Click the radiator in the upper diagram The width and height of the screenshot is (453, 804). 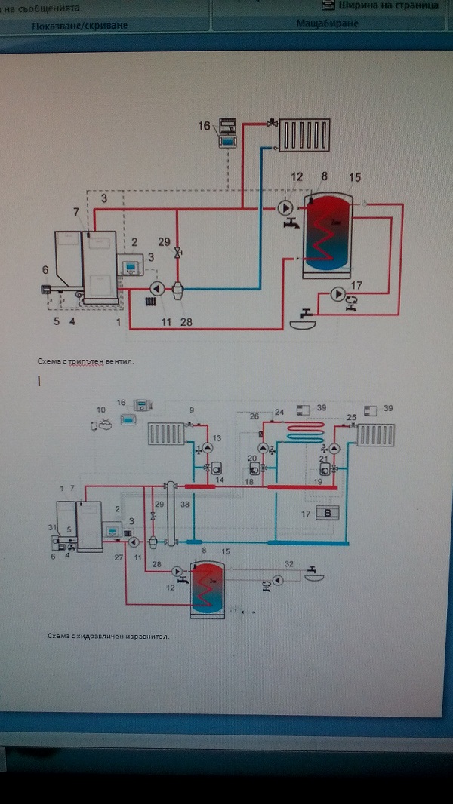point(305,134)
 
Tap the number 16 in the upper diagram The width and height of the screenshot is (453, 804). point(205,126)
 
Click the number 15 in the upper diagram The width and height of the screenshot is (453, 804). point(355,177)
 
